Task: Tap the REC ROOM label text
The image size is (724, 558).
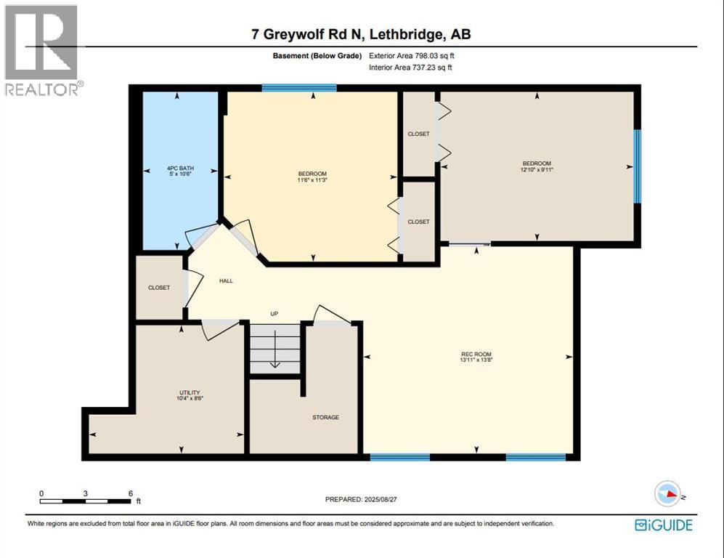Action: [476, 354]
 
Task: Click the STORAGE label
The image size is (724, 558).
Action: [325, 417]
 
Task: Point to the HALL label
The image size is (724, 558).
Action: [226, 280]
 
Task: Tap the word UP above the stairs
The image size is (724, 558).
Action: [274, 314]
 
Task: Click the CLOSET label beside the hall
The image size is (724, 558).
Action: [159, 288]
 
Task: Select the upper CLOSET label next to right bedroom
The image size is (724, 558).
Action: [418, 134]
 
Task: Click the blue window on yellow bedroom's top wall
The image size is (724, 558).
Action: [298, 88]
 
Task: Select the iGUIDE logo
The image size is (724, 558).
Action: [663, 525]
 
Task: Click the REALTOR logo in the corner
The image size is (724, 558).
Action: [41, 51]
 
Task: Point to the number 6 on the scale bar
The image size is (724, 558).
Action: [130, 493]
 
